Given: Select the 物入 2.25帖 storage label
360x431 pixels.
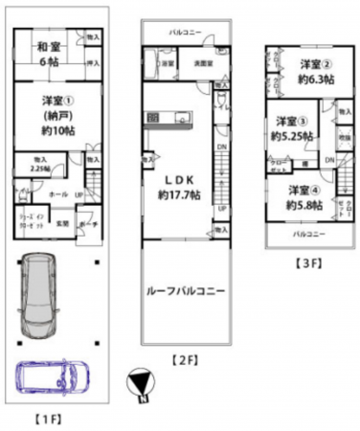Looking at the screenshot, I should [x=40, y=163].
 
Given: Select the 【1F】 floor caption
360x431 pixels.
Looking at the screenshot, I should [x=51, y=419].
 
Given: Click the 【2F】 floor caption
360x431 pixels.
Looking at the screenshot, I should [x=184, y=360].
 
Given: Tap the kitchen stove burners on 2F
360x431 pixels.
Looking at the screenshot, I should [x=155, y=118].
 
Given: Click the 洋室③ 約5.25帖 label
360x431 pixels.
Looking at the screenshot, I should [x=289, y=128].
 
